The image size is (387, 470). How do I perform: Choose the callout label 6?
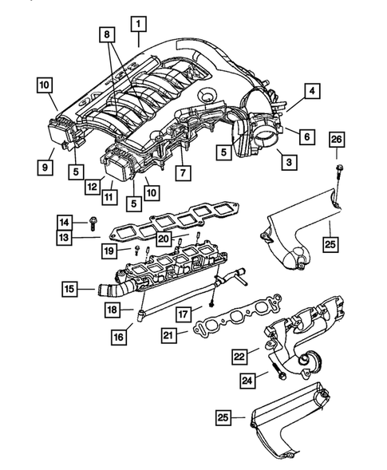pyautogui.click(x=306, y=136)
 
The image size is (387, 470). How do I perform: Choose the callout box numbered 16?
pyautogui.click(x=118, y=338)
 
